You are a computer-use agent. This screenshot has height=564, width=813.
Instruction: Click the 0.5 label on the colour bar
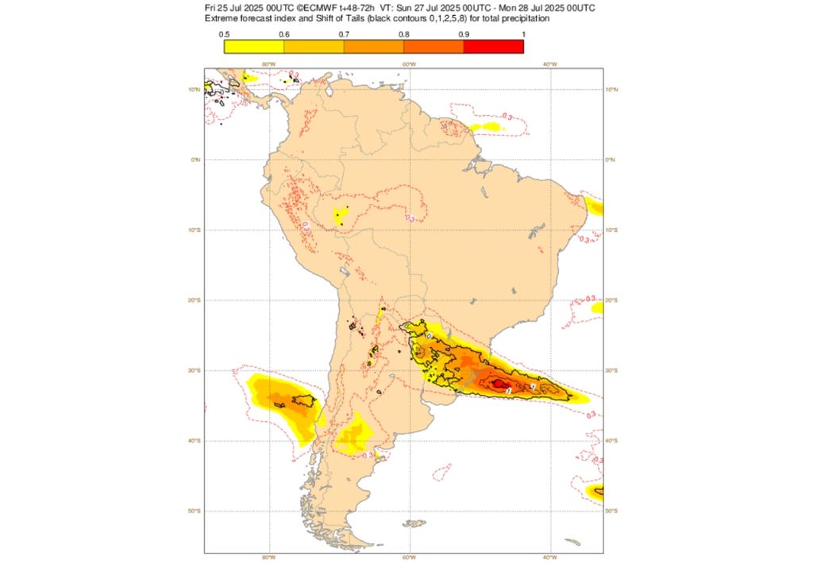pyautogui.click(x=225, y=34)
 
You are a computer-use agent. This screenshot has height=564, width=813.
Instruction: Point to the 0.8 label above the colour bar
pyautogui.click(x=404, y=34)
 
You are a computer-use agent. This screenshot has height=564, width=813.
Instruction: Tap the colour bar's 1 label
pyautogui.click(x=522, y=34)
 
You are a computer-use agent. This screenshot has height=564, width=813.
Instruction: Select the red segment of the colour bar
pyautogui.click(x=493, y=46)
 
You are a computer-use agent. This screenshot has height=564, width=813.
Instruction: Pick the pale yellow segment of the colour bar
pyautogui.click(x=254, y=46)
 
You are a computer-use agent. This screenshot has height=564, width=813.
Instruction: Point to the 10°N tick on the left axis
pyautogui.click(x=194, y=90)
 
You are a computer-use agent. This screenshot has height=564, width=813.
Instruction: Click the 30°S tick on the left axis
pyautogui.click(x=194, y=370)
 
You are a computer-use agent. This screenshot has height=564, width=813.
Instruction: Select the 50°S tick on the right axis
pyautogui.click(x=611, y=511)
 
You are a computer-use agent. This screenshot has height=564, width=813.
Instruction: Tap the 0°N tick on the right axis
pyautogui.click(x=611, y=160)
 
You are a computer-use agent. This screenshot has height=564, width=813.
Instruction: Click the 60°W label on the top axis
pyautogui.click(x=409, y=64)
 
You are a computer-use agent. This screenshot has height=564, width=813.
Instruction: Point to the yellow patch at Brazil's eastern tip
pyautogui.click(x=595, y=207)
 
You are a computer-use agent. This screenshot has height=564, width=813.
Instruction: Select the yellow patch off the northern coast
pyautogui.click(x=486, y=126)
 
